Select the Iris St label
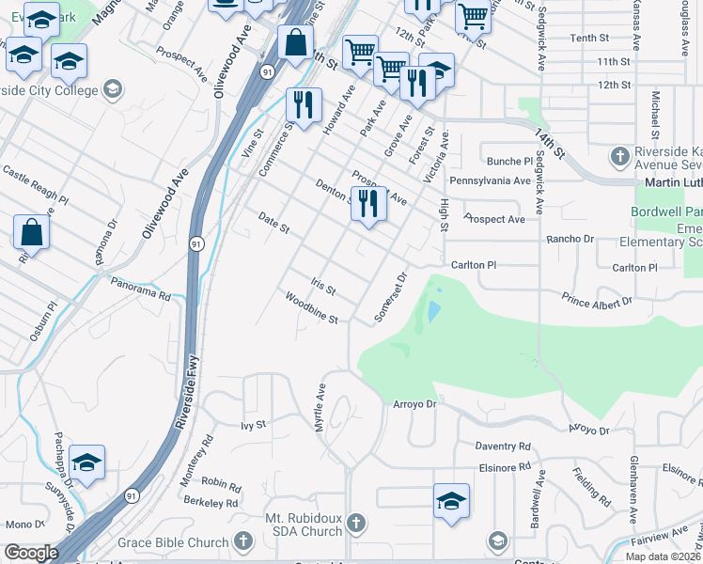[322, 284]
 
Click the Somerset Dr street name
[390, 297]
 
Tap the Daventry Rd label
[503, 446]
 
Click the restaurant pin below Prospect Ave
[367, 204]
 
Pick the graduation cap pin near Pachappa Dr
[86, 462]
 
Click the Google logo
[30, 553]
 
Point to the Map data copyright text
[663, 556]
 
